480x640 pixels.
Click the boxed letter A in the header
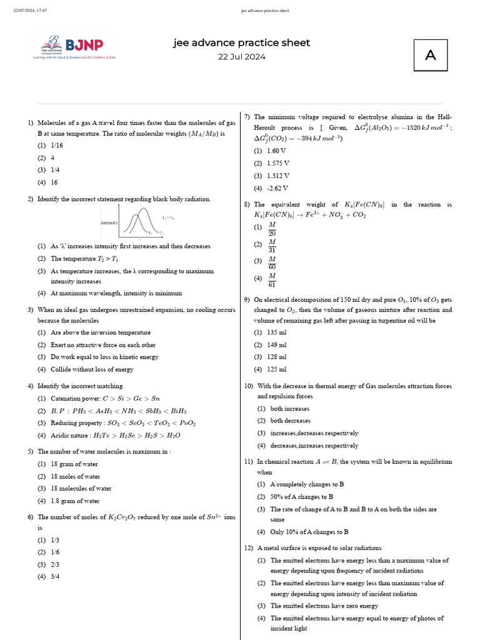tap(430, 56)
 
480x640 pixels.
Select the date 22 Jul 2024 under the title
tap(241, 57)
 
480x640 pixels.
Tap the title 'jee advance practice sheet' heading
tap(241, 43)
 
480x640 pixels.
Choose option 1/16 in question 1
tap(57, 145)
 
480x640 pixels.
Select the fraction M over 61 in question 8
tap(272, 278)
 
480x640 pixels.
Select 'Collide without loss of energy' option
tap(92, 369)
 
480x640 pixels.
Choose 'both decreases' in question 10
tap(290, 421)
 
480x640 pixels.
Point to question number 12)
tap(248, 548)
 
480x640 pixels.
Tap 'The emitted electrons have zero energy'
tap(324, 606)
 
